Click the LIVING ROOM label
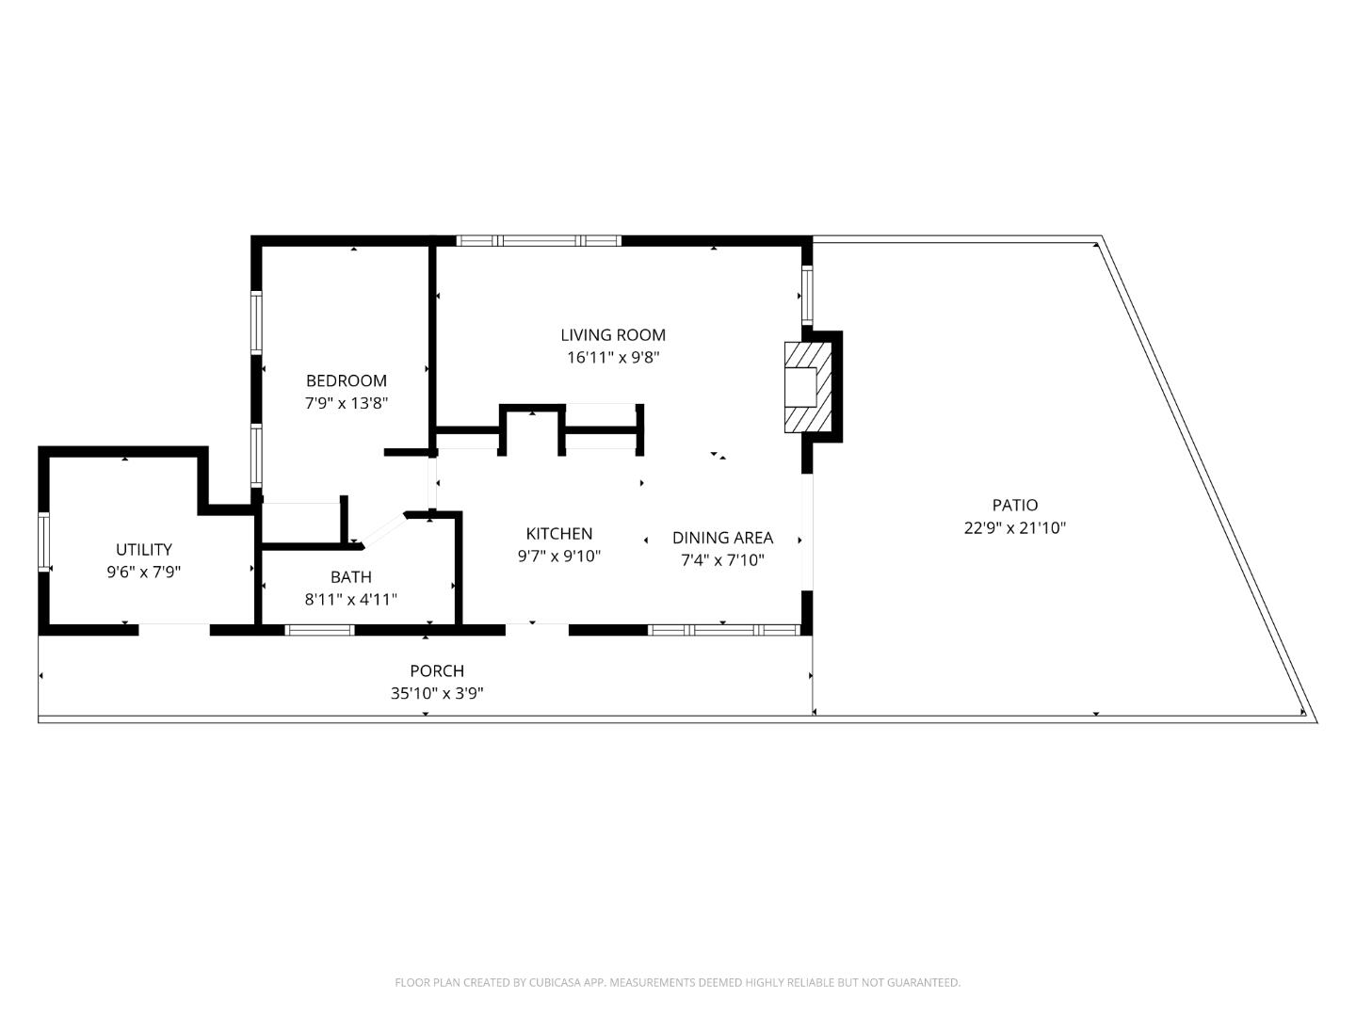click(x=613, y=335)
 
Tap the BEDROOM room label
click(x=346, y=380)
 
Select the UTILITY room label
click(x=143, y=549)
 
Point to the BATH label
click(x=350, y=577)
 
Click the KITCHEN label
click(x=558, y=534)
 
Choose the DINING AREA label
click(x=722, y=538)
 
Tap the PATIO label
click(x=1014, y=506)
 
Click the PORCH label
click(x=436, y=671)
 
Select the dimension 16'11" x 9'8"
click(x=613, y=358)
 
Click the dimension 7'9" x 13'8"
click(x=346, y=403)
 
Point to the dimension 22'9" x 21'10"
click(x=1014, y=528)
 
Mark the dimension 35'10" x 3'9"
click(x=437, y=694)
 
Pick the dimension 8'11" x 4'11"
click(x=350, y=600)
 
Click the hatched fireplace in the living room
click(x=808, y=386)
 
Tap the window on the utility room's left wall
click(x=43, y=541)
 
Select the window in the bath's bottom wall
click(x=319, y=630)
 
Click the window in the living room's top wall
click(x=539, y=241)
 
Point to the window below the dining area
click(x=725, y=630)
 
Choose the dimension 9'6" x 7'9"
click(x=143, y=572)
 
